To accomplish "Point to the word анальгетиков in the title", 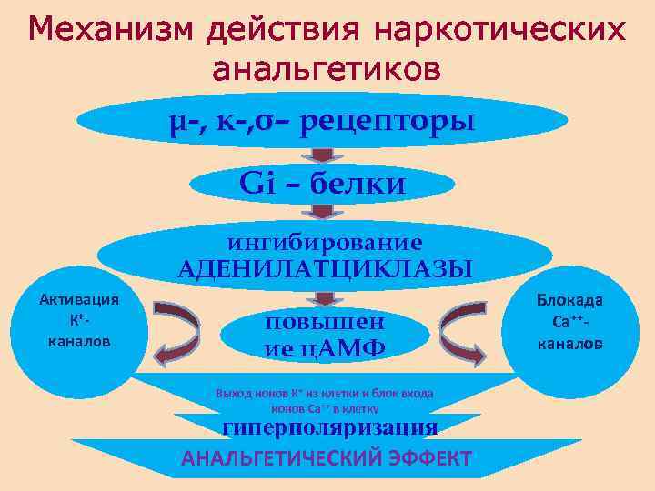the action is click(327, 68).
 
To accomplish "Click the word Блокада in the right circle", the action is click(569, 301).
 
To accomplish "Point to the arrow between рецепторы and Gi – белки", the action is click(322, 155).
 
